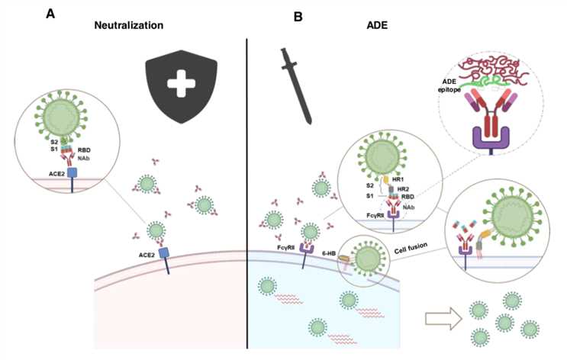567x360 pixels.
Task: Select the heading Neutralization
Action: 130,25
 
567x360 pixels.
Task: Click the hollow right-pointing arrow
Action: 438,315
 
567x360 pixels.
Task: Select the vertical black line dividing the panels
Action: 246,191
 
